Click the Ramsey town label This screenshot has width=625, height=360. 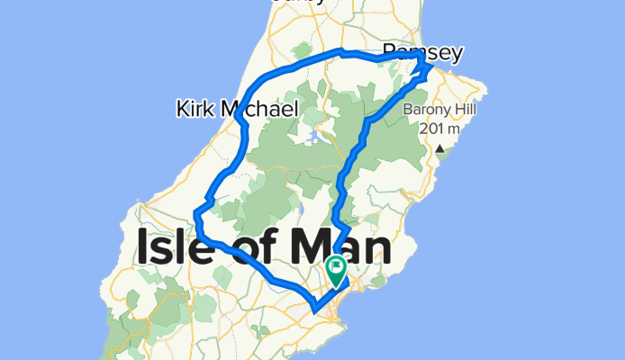(421, 53)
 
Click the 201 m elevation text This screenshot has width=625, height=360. (440, 129)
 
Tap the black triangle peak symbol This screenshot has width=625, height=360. (439, 149)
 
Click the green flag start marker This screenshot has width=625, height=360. (337, 267)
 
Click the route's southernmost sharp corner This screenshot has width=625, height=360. (314, 310)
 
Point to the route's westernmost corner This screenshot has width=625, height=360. (195, 213)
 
